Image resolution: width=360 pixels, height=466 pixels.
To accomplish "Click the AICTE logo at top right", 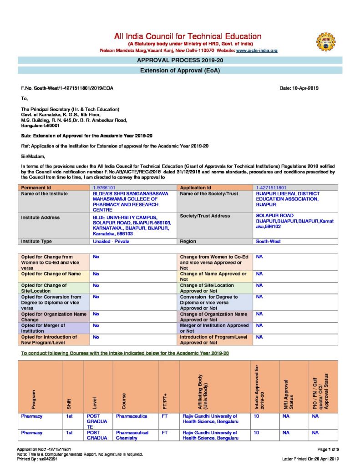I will point(325,41).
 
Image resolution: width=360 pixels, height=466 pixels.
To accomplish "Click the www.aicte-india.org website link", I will point(257,51).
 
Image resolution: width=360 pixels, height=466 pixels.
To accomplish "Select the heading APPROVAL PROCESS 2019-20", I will point(180,60).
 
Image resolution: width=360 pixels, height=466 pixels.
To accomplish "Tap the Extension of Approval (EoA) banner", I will point(180,71).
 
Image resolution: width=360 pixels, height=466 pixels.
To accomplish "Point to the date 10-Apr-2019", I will point(299,88).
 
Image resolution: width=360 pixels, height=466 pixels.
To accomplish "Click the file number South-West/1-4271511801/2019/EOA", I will point(67,88).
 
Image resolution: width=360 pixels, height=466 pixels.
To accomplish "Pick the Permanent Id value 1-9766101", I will point(104,187).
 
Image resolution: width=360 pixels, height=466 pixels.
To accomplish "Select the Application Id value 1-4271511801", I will point(271,187).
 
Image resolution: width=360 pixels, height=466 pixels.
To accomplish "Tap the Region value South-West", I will point(268,241).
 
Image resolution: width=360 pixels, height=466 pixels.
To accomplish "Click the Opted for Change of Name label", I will point(51,274).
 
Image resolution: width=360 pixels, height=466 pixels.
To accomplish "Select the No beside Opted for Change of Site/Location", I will point(96,285).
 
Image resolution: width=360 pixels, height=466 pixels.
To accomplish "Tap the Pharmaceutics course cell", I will point(132,416).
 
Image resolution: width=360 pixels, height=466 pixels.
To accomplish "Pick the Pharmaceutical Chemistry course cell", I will point(132,435).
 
